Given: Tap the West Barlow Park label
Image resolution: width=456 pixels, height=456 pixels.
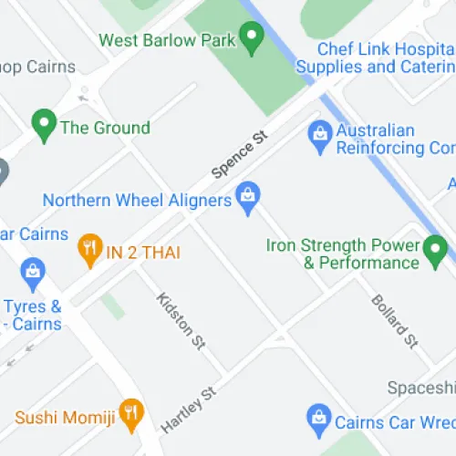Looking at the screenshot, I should (x=166, y=40).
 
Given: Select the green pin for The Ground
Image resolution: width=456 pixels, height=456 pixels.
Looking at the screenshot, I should (x=43, y=125).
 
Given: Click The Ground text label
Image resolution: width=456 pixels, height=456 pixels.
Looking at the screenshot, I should (x=105, y=128).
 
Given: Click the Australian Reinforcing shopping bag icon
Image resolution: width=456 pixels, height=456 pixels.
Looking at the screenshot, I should (x=319, y=134).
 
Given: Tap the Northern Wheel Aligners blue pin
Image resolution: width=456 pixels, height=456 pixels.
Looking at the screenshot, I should (x=247, y=195).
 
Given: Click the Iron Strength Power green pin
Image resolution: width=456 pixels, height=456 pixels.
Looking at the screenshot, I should (x=436, y=247).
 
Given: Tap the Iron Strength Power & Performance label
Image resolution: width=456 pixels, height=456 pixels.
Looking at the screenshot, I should (x=343, y=254).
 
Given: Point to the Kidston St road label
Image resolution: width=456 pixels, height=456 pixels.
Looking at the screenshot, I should (x=181, y=320).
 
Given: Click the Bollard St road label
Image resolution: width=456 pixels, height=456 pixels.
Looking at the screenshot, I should (x=394, y=321).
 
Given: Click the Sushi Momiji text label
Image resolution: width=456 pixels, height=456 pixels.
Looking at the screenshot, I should (x=65, y=418).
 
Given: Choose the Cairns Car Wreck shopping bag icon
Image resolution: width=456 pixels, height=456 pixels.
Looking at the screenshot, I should (x=317, y=418).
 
